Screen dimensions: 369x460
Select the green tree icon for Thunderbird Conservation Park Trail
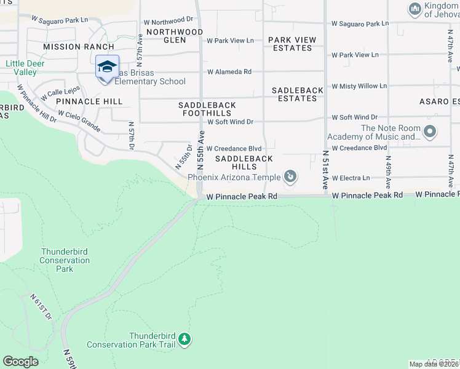pyautogui.click(x=184, y=339)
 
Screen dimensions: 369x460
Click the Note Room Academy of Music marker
pyautogui.click(x=430, y=132)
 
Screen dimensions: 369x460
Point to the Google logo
pyautogui.click(x=20, y=362)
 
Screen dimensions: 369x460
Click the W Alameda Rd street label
pyautogui.click(x=229, y=72)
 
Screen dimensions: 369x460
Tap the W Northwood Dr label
pyautogui.click(x=168, y=22)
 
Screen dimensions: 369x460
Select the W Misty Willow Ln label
pyautogui.click(x=359, y=86)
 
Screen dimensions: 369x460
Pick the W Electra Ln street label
pyautogui.click(x=351, y=178)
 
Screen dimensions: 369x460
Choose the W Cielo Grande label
pyautogui.click(x=79, y=121)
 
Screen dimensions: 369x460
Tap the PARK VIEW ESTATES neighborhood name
pyautogui.click(x=292, y=44)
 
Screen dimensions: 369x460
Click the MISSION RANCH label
pyautogui.click(x=79, y=47)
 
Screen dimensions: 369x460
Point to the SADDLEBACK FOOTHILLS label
pyautogui.click(x=207, y=109)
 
